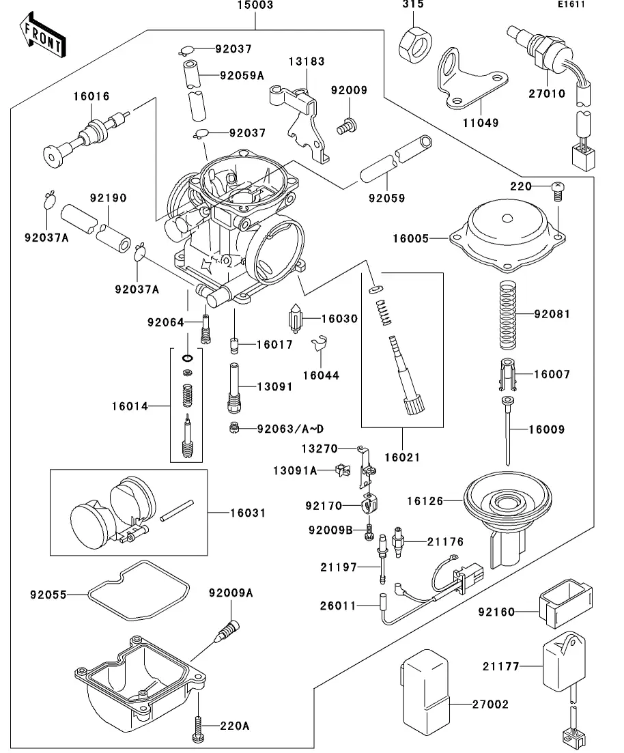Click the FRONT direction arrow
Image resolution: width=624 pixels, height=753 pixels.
click(43, 37)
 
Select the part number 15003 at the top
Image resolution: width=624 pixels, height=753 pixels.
click(255, 5)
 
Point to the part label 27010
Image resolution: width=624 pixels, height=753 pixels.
click(546, 94)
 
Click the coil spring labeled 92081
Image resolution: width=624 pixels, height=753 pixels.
click(507, 314)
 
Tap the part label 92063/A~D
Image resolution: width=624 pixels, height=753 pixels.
click(290, 429)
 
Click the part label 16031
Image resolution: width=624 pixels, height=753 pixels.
click(229, 512)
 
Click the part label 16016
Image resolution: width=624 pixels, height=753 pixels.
click(91, 97)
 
